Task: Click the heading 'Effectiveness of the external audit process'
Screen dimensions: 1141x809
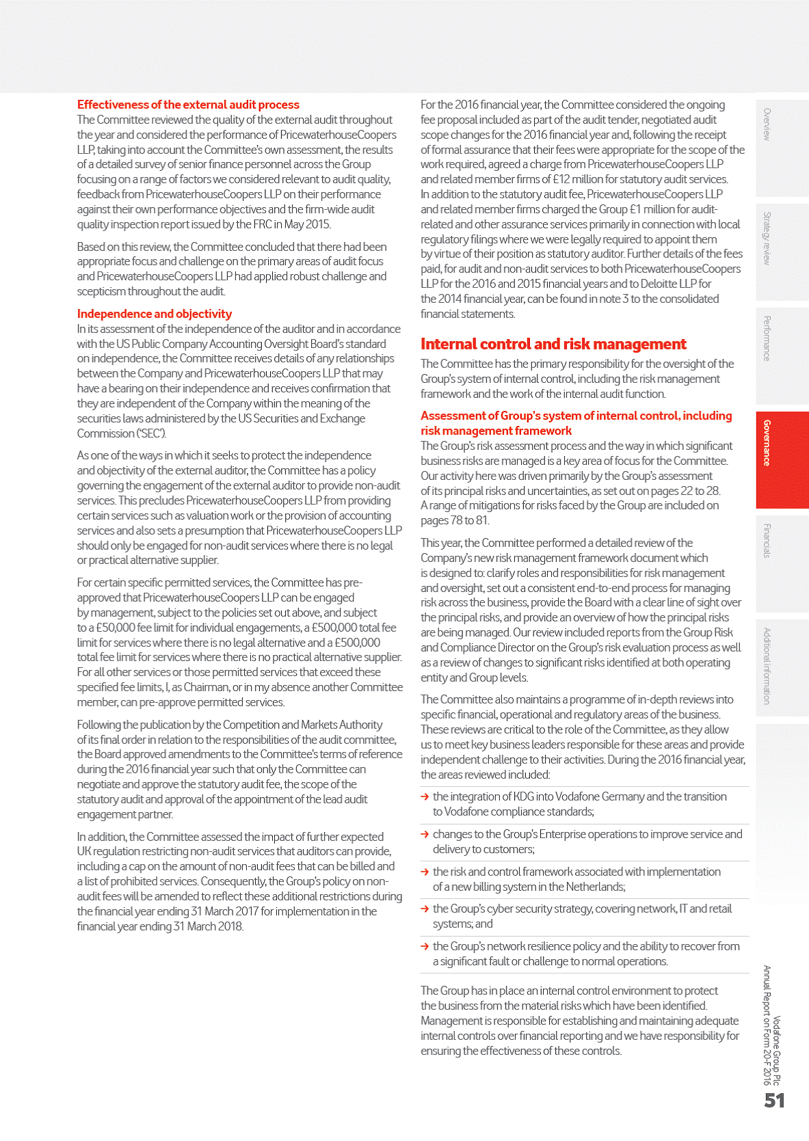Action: click(x=188, y=105)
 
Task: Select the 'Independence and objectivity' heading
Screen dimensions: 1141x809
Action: click(x=155, y=314)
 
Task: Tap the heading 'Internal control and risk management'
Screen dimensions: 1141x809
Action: click(x=553, y=344)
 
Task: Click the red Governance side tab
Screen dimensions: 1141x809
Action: click(x=782, y=459)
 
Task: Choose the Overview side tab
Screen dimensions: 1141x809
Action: click(x=782, y=147)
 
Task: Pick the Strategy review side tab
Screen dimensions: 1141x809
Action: click(x=782, y=251)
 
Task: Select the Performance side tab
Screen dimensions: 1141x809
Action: click(x=782, y=355)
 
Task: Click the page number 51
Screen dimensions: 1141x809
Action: click(x=774, y=1101)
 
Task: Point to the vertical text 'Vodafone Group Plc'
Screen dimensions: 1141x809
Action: click(x=776, y=1050)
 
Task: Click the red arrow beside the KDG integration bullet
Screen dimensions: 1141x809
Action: click(x=425, y=796)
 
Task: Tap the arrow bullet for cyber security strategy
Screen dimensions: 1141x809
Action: click(x=425, y=909)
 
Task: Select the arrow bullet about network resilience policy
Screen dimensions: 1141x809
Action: click(x=425, y=946)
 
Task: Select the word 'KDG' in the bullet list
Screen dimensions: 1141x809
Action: click(x=524, y=796)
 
